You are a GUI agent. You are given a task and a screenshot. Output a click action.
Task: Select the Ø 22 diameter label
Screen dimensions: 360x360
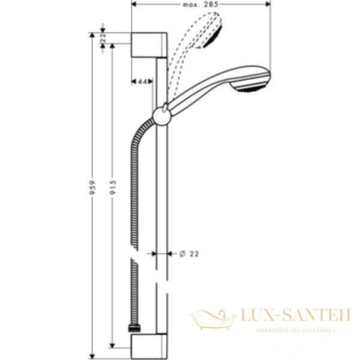click(x=190, y=253)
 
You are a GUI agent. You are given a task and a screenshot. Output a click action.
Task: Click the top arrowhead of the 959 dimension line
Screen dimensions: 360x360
click(x=92, y=35)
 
